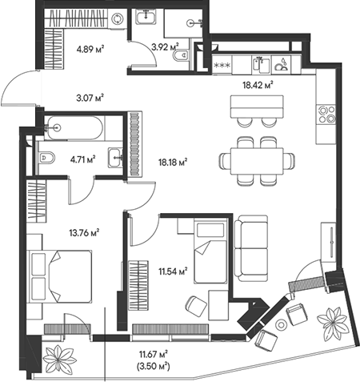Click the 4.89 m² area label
tap(90, 49)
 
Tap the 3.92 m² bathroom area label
tap(165, 47)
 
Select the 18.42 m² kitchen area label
tap(258, 85)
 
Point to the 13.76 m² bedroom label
tap(84, 232)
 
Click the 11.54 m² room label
tap(173, 271)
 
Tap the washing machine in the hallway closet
tap(118, 18)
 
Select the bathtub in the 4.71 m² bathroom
tap(74, 128)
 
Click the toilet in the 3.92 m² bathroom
tap(180, 55)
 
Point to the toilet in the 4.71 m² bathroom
tap(46, 158)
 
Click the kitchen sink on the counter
tap(262, 64)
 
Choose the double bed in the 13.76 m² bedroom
tap(61, 276)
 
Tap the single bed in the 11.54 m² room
tap(210, 251)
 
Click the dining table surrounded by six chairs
tap(257, 161)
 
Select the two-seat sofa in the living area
tap(251, 248)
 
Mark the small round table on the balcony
tap(281, 324)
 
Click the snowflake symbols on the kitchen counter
tap(222, 66)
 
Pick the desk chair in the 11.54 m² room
tap(197, 306)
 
